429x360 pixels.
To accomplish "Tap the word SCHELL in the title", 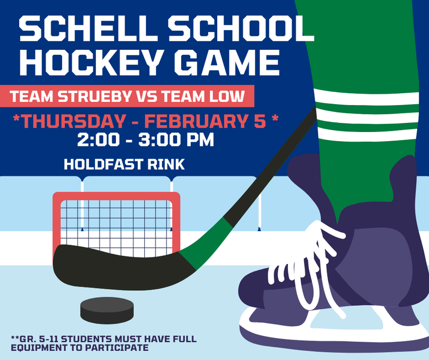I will coord(79,30).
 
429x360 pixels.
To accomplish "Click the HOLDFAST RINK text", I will coord(124,164).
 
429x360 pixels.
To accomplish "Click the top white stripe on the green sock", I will coord(370,97).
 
